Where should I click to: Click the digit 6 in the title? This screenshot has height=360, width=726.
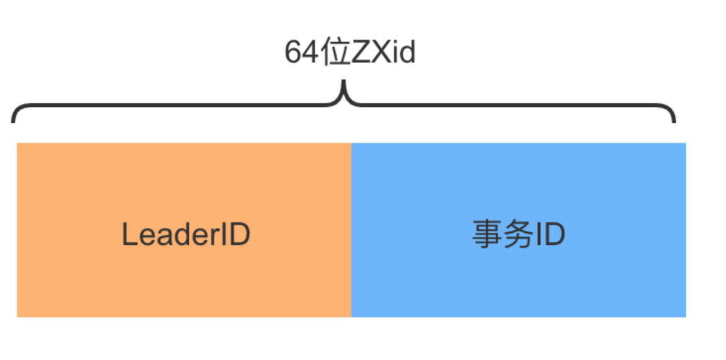292,53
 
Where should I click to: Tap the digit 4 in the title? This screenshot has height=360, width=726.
308,53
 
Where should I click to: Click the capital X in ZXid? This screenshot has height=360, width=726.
380,53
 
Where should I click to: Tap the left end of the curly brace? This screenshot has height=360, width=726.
13,118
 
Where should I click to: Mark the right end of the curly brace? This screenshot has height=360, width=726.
674,118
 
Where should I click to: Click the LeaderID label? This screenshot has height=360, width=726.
186,235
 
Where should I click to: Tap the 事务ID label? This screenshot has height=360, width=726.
518,235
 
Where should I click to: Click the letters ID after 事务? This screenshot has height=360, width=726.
550,235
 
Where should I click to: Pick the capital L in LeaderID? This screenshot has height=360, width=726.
128,235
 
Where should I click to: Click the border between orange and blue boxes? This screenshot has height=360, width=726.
351,230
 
